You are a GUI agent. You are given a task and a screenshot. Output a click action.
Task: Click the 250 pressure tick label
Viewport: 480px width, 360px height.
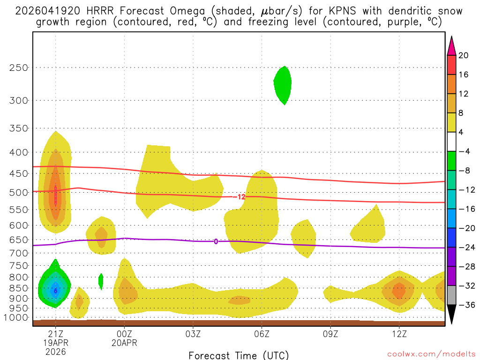click(x=19, y=67)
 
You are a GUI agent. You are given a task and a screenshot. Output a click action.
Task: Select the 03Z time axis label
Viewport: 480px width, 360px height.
click(x=193, y=334)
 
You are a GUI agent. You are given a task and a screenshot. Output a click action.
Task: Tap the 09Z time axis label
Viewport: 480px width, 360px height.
click(x=330, y=334)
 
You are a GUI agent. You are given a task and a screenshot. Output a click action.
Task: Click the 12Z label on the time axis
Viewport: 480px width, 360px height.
click(x=399, y=334)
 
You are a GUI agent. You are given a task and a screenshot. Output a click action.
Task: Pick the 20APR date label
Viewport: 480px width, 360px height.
click(x=124, y=343)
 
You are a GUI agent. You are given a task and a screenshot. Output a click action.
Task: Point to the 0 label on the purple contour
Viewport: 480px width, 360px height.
click(x=216, y=241)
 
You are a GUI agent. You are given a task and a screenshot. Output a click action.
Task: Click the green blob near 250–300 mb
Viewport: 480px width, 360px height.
click(x=283, y=84)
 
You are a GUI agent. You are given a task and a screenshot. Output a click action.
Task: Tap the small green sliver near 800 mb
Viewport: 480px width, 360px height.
click(x=101, y=280)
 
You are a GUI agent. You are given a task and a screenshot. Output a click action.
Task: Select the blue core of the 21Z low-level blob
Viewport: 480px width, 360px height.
click(x=56, y=290)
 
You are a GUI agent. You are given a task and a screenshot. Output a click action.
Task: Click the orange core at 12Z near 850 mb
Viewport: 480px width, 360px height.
click(x=399, y=291)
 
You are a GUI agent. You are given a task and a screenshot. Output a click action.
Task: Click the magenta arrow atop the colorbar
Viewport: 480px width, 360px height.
click(x=451, y=45)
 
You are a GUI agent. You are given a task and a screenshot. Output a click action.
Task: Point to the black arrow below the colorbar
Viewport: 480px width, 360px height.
click(x=451, y=315)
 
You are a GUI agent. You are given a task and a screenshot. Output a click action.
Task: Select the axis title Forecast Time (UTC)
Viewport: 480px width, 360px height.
click(x=239, y=355)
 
